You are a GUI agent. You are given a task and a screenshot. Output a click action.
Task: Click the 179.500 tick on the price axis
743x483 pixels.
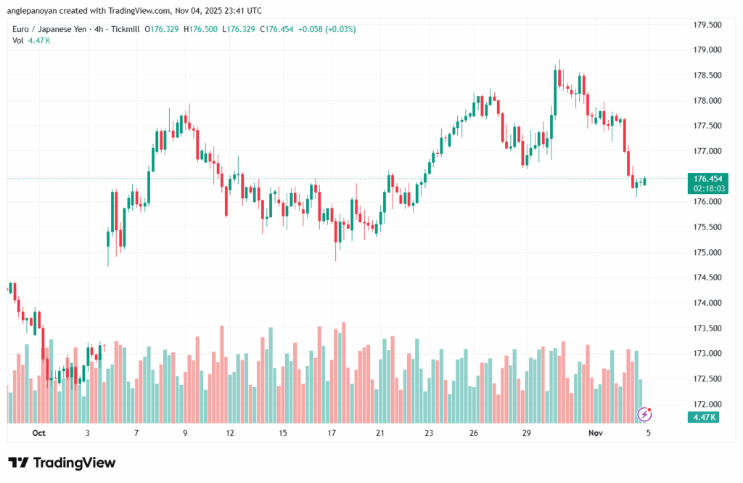coord(707,25)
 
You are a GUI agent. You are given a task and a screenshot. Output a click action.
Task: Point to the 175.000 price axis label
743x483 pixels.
coord(707,252)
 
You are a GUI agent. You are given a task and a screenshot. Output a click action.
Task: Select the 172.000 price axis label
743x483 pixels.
coord(707,404)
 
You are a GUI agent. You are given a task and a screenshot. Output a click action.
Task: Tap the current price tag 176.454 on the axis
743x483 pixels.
coord(707,178)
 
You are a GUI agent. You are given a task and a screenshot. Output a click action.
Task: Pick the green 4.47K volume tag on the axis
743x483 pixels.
coord(705,418)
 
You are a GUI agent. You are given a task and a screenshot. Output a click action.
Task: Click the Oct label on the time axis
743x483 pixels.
coord(38,433)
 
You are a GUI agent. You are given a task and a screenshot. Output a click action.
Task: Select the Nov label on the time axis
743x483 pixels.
coord(596,433)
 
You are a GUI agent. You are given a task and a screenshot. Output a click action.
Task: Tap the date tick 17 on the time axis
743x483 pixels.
coord(332,433)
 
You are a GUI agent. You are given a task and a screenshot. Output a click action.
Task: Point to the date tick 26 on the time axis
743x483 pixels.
coord(474,433)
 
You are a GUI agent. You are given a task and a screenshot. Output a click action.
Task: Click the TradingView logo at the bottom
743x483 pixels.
coord(62,463)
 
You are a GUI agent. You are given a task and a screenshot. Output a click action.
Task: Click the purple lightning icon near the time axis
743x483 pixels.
coord(644,415)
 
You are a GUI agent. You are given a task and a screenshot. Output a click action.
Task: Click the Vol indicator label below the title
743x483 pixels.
coord(18,40)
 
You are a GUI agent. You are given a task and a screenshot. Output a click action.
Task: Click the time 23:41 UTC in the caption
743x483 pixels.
coord(242,11)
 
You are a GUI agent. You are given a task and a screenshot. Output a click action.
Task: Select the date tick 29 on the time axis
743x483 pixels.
coord(528,433)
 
